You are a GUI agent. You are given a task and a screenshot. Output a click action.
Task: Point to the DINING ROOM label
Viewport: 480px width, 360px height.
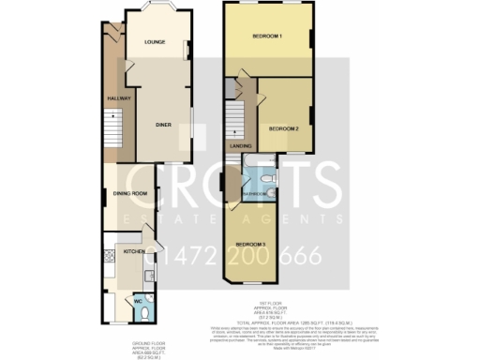click(130, 194)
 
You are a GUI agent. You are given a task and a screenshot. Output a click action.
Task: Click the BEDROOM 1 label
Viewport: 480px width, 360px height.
click(268, 36)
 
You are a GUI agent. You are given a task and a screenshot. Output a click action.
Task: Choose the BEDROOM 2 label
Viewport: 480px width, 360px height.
click(284, 127)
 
